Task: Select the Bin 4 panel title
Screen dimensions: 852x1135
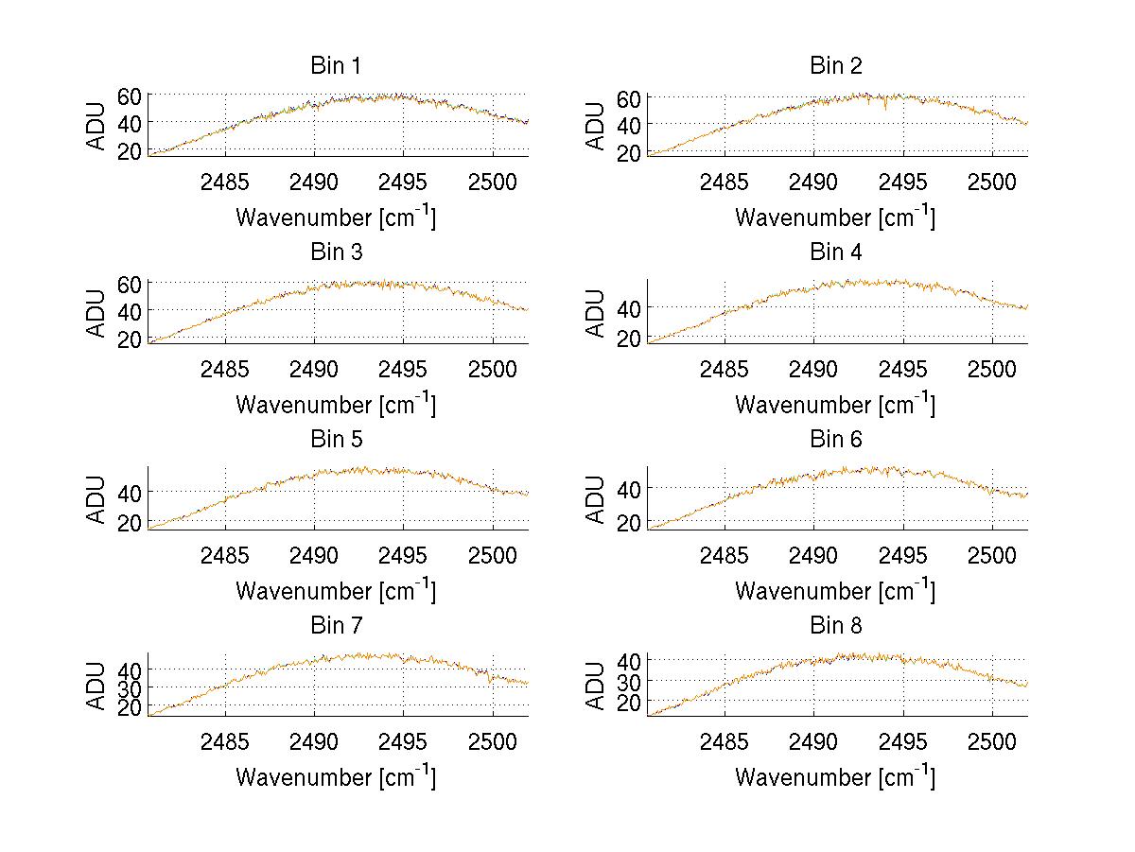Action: pyautogui.click(x=835, y=252)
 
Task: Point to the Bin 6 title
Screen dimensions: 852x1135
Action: pyautogui.click(x=835, y=440)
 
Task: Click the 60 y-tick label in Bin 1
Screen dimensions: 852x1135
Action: pyautogui.click(x=130, y=96)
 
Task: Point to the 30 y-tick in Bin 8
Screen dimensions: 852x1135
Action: pyautogui.click(x=629, y=681)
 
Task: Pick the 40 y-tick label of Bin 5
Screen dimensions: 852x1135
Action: pyautogui.click(x=130, y=492)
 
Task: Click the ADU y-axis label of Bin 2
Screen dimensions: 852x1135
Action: pyautogui.click(x=596, y=125)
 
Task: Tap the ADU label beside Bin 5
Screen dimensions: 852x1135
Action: pyautogui.click(x=96, y=498)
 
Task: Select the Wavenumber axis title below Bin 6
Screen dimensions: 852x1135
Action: pyautogui.click(x=835, y=591)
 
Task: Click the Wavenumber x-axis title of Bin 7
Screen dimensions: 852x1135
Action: pyautogui.click(x=335, y=777)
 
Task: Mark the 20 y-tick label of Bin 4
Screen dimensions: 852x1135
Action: pyautogui.click(x=629, y=338)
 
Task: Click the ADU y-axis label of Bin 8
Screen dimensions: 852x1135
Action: pyautogui.click(x=596, y=685)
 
